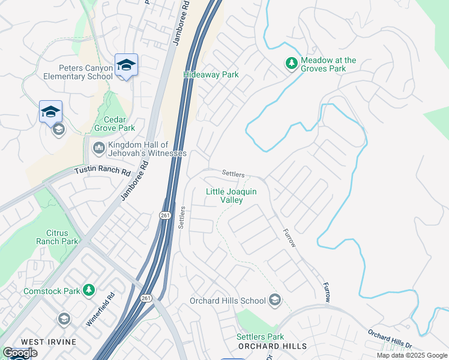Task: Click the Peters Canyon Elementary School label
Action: [x=77, y=72]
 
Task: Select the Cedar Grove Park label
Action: [x=114, y=124]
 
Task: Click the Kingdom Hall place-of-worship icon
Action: [x=98, y=147]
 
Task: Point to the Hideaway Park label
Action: [x=211, y=75]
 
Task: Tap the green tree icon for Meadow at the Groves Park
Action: [x=291, y=63]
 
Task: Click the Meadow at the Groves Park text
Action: [x=328, y=64]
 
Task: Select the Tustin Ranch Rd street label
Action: [x=102, y=171]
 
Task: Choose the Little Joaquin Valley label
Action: [x=232, y=196]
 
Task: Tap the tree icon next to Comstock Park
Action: [x=89, y=290]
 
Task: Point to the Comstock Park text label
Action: [x=52, y=291]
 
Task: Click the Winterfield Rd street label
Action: [x=100, y=309]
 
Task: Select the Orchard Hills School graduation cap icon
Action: [x=275, y=300]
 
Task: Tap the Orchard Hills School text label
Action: [x=228, y=301]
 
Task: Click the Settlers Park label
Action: [x=260, y=337]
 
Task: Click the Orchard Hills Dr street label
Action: [x=390, y=340]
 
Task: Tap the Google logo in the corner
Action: [x=20, y=353]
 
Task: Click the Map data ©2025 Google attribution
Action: [x=411, y=356]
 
